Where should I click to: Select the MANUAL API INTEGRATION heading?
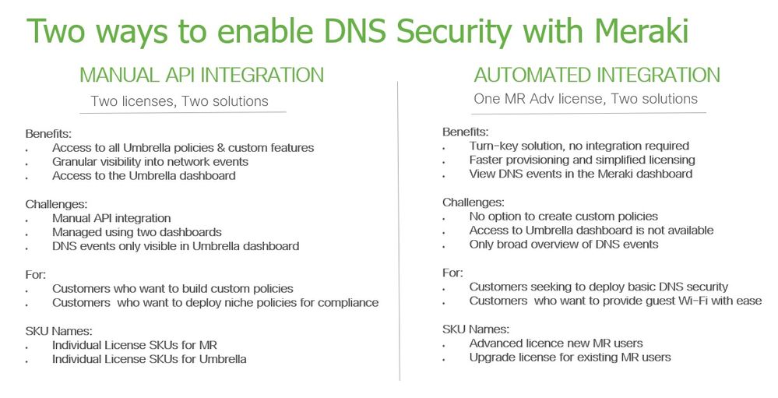202,75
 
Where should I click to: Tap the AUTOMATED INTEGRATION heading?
597,75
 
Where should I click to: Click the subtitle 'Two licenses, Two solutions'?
179,101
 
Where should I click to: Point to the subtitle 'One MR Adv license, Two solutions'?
585,99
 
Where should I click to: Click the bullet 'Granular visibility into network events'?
150,161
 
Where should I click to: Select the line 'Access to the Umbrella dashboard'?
143,175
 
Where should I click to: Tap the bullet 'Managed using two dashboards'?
137,231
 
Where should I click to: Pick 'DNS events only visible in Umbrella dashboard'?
175,246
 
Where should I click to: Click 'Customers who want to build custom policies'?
172,288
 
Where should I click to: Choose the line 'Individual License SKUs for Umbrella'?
149,359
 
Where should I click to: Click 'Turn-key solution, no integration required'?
579,146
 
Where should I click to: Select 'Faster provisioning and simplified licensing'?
582,160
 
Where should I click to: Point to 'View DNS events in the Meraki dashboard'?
580,174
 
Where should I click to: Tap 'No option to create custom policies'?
563,216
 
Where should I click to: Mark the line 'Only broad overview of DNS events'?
563,244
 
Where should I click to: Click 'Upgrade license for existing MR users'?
569,357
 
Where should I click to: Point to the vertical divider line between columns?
399,234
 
